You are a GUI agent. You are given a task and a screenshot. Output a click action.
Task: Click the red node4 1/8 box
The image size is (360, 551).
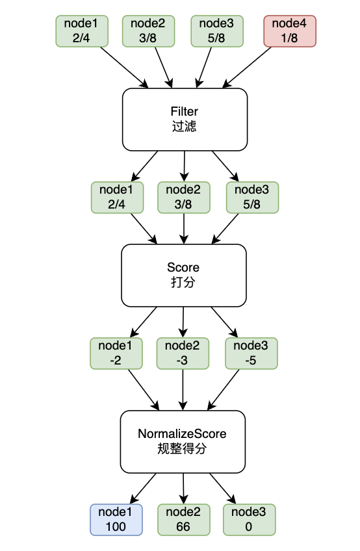290,31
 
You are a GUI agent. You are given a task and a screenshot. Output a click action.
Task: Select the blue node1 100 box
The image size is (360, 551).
116,519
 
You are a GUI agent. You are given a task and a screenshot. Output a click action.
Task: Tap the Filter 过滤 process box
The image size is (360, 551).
185,120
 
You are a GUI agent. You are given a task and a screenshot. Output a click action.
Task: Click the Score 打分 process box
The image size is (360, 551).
183,275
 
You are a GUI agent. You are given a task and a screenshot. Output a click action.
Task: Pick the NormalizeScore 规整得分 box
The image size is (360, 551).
183,442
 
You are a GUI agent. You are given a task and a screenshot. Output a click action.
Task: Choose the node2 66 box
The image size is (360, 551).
183,519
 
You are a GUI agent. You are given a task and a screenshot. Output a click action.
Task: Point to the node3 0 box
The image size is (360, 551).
250,519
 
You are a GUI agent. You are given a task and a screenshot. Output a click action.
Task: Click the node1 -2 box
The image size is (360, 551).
116,353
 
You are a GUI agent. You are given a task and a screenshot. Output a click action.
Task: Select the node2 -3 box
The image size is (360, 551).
183,353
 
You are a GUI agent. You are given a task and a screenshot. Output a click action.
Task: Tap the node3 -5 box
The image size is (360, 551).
251,353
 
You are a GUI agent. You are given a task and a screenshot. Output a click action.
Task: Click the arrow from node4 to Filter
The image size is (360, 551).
247,67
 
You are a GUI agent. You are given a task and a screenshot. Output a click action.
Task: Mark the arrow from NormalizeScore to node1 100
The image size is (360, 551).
143,489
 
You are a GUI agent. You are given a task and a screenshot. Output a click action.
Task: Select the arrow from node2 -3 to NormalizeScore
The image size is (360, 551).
183,390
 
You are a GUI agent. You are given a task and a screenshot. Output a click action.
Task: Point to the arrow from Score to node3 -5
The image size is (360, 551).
224,322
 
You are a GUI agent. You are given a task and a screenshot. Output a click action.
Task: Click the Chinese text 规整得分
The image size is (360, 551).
182,449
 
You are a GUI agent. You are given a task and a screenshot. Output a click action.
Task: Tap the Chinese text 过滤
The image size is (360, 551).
184,126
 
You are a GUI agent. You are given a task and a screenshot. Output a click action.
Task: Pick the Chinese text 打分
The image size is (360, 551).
183,282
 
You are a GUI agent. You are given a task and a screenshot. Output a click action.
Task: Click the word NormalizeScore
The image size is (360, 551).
182,434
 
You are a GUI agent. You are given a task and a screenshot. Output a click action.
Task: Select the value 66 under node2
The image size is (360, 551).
183,526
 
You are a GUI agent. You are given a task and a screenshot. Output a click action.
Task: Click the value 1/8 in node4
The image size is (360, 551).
289,38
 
